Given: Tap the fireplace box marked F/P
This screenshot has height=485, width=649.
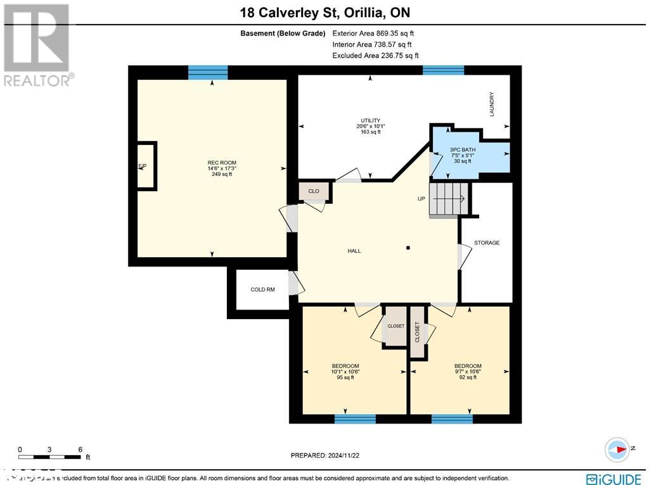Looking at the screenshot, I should (145, 166).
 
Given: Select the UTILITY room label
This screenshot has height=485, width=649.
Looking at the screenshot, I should (370, 120).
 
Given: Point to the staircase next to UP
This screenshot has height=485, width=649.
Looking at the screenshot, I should (448, 199).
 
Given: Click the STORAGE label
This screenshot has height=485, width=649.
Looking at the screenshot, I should (487, 242).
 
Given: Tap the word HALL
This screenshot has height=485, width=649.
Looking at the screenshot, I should (354, 251).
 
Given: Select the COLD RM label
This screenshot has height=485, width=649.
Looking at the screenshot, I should (262, 289).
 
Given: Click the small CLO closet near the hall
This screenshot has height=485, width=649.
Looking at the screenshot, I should (314, 191).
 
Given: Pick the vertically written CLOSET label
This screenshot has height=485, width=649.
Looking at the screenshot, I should (417, 332).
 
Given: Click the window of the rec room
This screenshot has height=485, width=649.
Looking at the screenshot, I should (208, 72).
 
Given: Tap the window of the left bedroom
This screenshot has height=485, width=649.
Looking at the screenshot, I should (355, 419).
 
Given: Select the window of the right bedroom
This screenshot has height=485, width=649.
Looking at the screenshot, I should (452, 419).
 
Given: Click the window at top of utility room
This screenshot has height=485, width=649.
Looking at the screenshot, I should (443, 70).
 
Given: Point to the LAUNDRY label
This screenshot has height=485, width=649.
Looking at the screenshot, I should (491, 104).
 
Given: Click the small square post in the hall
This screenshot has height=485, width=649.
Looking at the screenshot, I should (409, 248).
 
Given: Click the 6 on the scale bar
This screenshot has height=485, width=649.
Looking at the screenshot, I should (80, 449).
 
